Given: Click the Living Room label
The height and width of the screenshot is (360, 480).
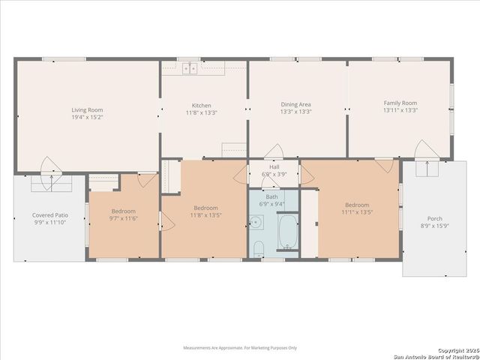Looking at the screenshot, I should [x=87, y=110].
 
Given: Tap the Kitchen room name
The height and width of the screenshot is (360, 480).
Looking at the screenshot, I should [x=201, y=106].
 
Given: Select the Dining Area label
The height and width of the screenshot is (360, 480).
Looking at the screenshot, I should [x=295, y=105].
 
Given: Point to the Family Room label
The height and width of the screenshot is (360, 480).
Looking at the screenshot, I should [x=400, y=103].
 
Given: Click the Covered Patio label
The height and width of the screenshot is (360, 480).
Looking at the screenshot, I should [x=50, y=215].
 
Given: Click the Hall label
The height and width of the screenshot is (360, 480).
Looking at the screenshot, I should [x=274, y=166].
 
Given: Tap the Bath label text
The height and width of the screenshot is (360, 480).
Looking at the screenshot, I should [x=271, y=196].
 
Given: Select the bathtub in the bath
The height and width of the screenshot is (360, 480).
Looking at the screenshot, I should [x=287, y=232].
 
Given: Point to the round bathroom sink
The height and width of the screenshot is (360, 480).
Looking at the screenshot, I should [x=256, y=223].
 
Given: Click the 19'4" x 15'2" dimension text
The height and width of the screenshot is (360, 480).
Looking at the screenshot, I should [x=87, y=118].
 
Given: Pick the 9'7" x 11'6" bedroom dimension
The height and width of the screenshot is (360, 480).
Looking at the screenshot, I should [x=124, y=219].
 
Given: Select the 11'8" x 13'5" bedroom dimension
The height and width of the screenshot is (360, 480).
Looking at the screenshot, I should [x=205, y=215].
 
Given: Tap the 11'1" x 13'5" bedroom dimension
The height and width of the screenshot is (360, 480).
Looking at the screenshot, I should [x=357, y=212].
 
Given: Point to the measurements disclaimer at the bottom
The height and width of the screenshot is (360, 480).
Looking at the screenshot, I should [x=240, y=348].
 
